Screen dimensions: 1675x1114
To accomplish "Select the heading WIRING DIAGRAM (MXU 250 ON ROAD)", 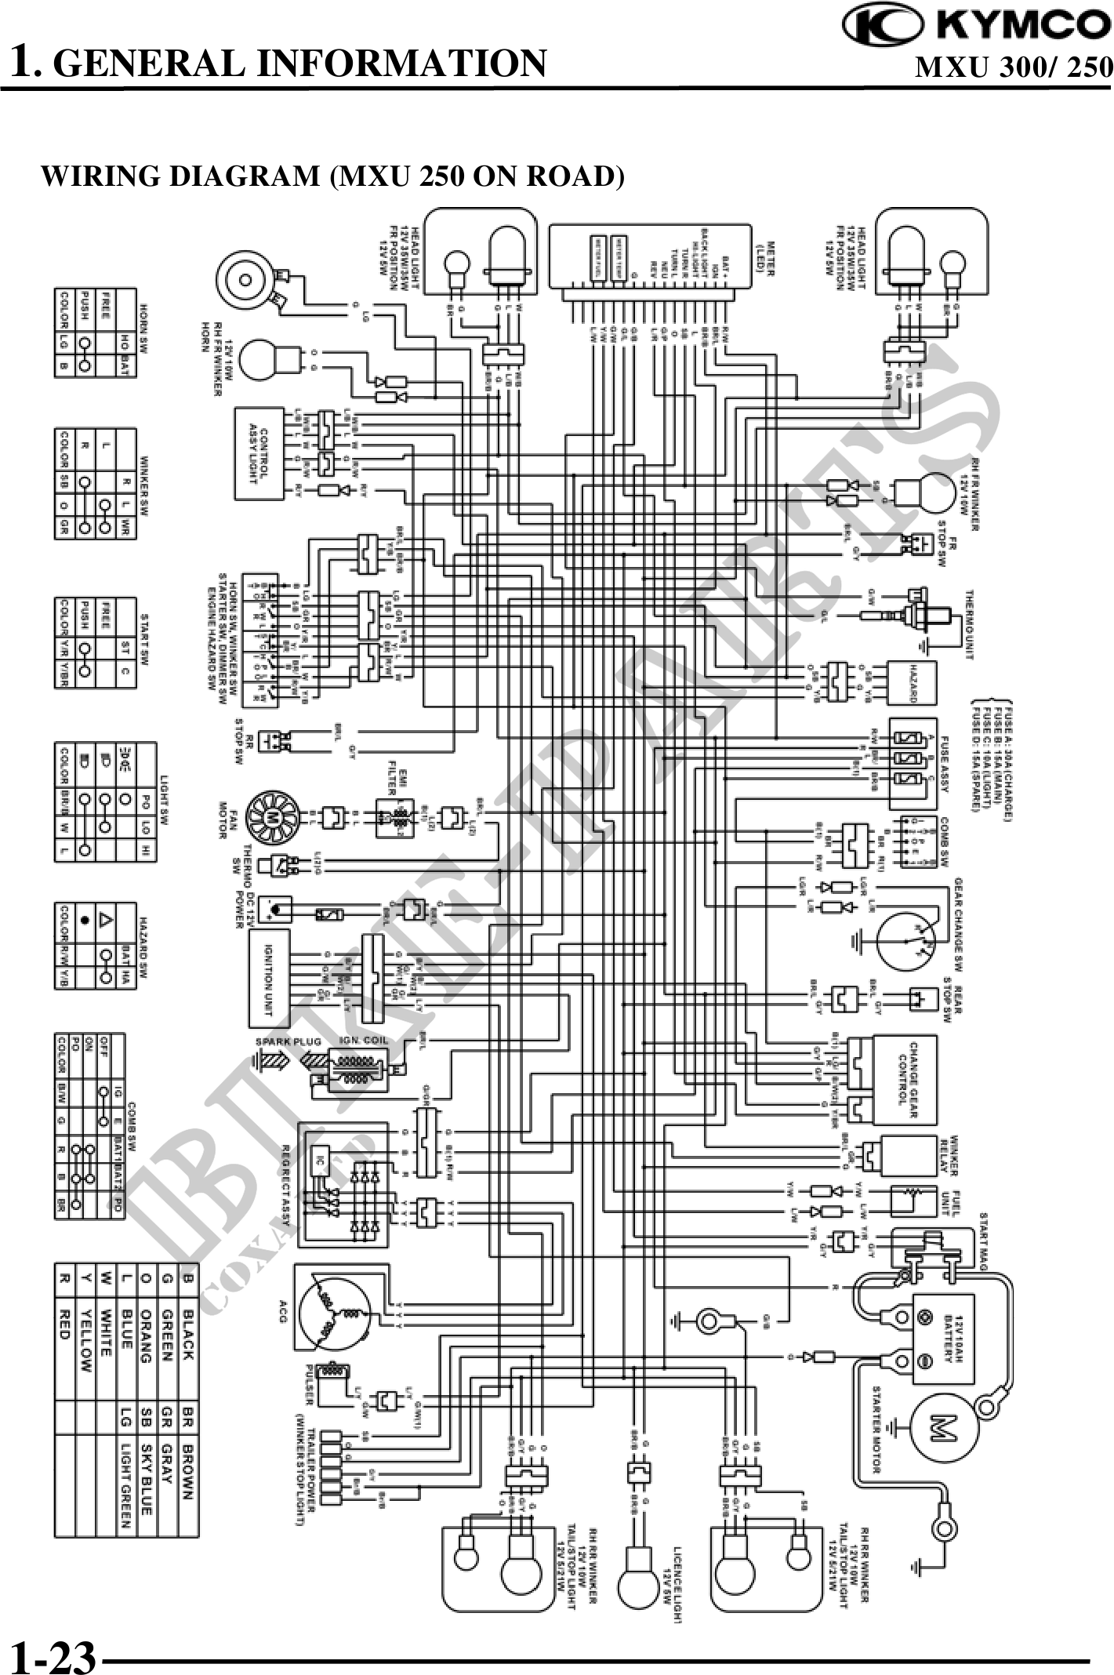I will click(x=332, y=176).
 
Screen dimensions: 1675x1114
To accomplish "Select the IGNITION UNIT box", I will click(x=269, y=978).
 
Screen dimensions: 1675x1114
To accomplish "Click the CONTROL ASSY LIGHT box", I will click(x=259, y=453).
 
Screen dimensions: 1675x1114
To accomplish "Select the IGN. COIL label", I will click(x=361, y=1040).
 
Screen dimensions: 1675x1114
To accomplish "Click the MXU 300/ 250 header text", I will click(x=1014, y=67).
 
